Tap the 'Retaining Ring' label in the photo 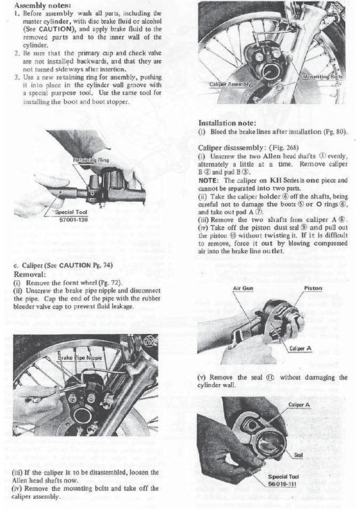93,160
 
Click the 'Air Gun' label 242,288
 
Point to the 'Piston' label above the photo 313,288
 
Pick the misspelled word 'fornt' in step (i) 74,284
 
